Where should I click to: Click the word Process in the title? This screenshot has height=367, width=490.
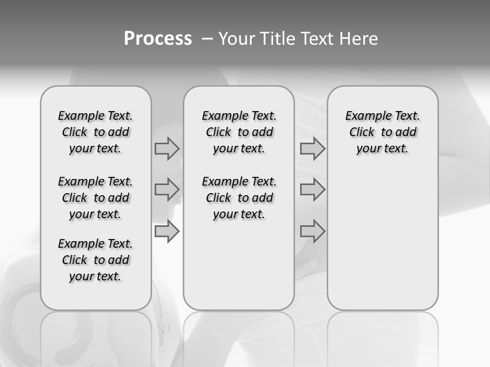[158, 39]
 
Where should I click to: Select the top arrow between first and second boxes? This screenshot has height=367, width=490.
[167, 149]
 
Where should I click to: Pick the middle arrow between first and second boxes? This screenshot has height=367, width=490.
[167, 190]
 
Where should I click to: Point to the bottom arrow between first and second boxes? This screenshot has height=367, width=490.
[167, 231]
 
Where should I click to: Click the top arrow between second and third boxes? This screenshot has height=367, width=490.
[312, 149]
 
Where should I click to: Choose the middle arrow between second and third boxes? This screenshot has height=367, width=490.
[312, 190]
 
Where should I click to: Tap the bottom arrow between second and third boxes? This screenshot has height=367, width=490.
[312, 231]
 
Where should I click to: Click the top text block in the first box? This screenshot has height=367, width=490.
[95, 132]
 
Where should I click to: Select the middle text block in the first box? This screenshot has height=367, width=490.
[95, 198]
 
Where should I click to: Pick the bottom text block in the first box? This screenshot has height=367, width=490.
[95, 260]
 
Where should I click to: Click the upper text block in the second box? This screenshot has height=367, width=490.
[239, 132]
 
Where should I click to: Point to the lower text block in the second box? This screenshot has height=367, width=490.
[239, 198]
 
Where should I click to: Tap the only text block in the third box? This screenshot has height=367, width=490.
[382, 132]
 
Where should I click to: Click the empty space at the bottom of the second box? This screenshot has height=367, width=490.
[239, 270]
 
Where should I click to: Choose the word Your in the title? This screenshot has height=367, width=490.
[237, 39]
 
